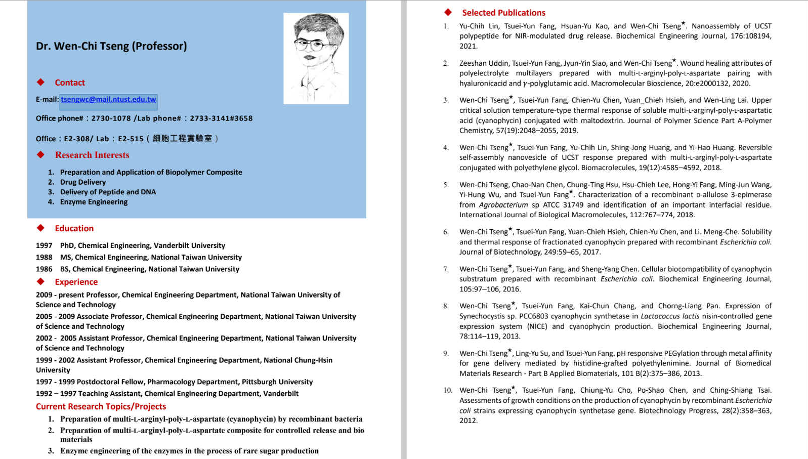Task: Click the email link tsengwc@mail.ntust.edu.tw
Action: pos(108,100)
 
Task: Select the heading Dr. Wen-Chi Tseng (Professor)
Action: pos(111,46)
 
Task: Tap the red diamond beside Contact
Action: pos(40,82)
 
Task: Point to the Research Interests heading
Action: pos(92,155)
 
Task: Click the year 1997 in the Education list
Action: pos(44,245)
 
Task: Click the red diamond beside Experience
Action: pos(40,281)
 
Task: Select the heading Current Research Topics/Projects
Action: pos(101,406)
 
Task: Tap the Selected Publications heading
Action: pos(503,13)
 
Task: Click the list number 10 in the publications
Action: pos(447,390)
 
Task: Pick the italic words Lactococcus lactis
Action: pos(670,316)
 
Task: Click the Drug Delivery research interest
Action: pos(83,182)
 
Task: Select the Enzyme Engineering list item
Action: pos(94,202)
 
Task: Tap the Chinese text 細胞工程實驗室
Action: pos(182,139)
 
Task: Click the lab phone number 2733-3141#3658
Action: pos(221,118)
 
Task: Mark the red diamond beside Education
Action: pos(40,228)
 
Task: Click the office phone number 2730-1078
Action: pos(111,118)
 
